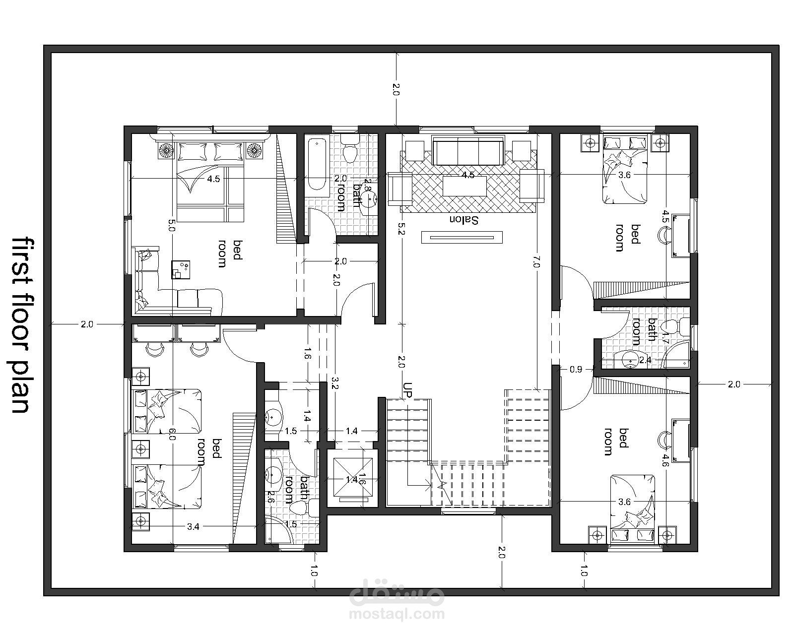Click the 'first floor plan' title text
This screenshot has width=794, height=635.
[x=21, y=325]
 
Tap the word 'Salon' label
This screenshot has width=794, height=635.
[x=464, y=220]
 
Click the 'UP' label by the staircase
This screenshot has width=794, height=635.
[x=407, y=389]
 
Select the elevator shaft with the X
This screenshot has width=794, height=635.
[x=353, y=477]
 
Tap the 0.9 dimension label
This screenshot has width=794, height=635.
[x=576, y=369]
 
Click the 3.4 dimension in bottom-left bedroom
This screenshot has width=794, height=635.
[x=193, y=527]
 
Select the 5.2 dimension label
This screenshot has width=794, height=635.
[x=402, y=228]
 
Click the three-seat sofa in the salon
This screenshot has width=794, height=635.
[x=468, y=151]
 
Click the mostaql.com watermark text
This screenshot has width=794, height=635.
[x=397, y=614]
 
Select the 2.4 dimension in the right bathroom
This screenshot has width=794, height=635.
[x=645, y=360]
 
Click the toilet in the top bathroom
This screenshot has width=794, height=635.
[x=349, y=148]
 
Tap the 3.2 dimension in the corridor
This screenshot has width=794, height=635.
[x=335, y=382]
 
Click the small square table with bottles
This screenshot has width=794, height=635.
[x=181, y=269]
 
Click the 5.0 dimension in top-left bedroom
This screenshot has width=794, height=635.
[x=172, y=225]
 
